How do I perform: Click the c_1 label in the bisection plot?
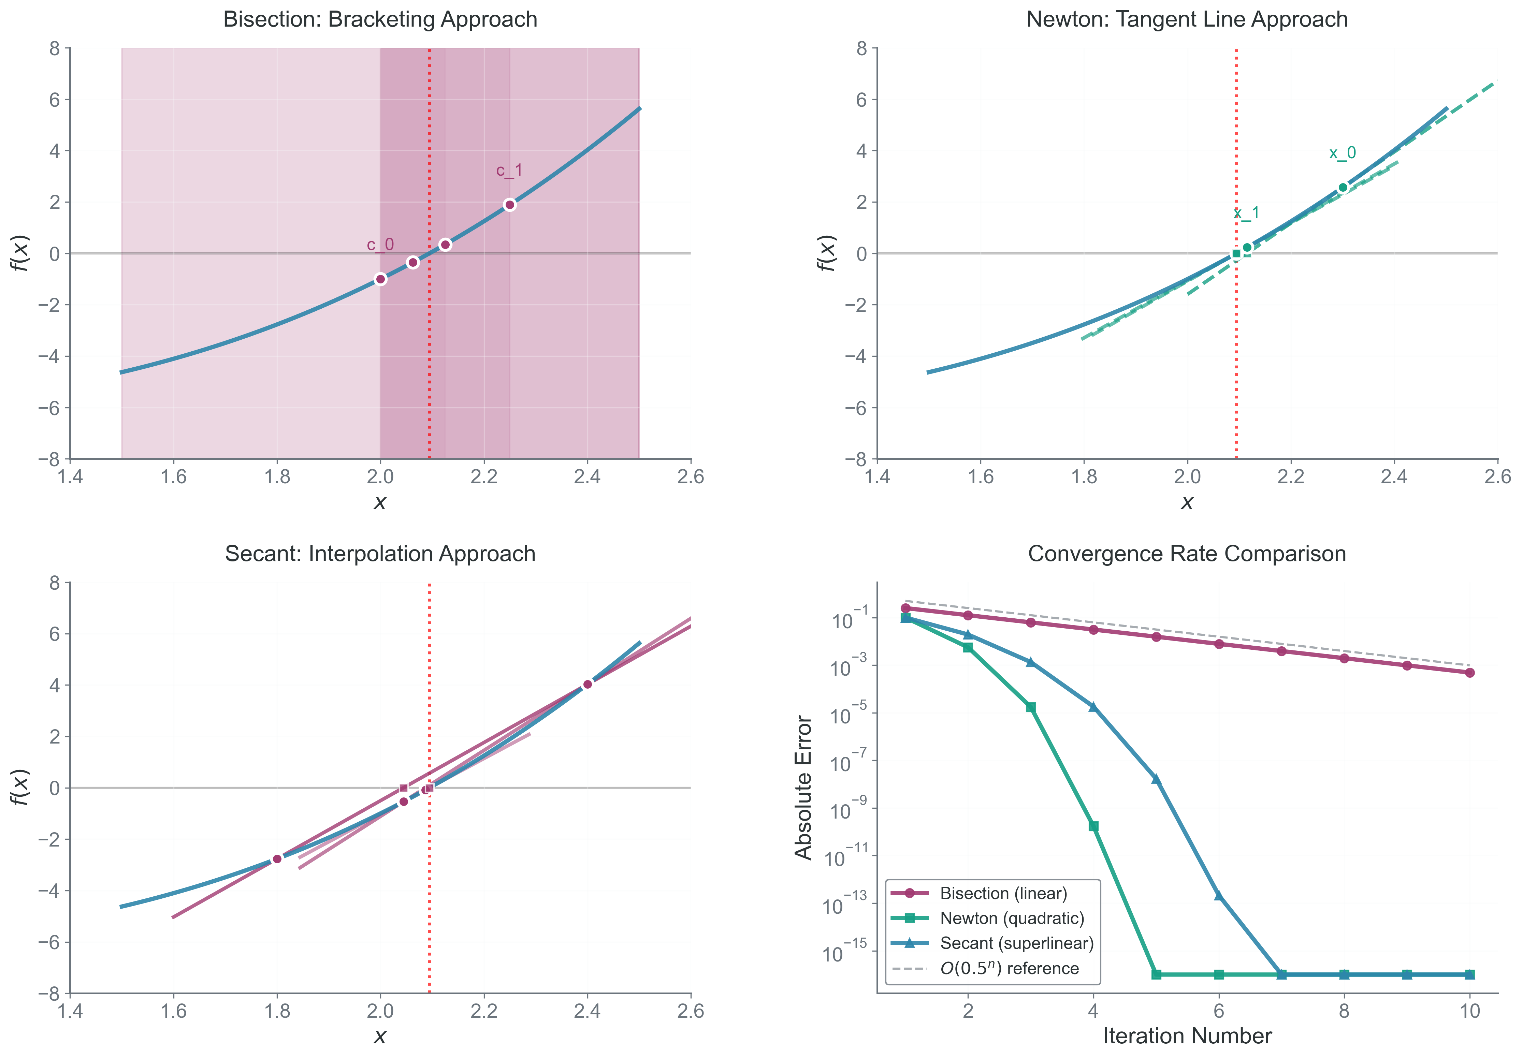pos(509,171)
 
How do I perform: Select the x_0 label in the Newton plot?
pos(1342,153)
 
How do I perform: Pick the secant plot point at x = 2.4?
pos(587,684)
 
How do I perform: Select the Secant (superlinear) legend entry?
pos(1016,943)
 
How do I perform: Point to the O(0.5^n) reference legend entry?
pos(1009,969)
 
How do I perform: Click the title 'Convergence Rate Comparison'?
pos(1187,554)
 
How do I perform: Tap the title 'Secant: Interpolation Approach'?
pos(380,554)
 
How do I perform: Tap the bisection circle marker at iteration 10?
pos(1470,673)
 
